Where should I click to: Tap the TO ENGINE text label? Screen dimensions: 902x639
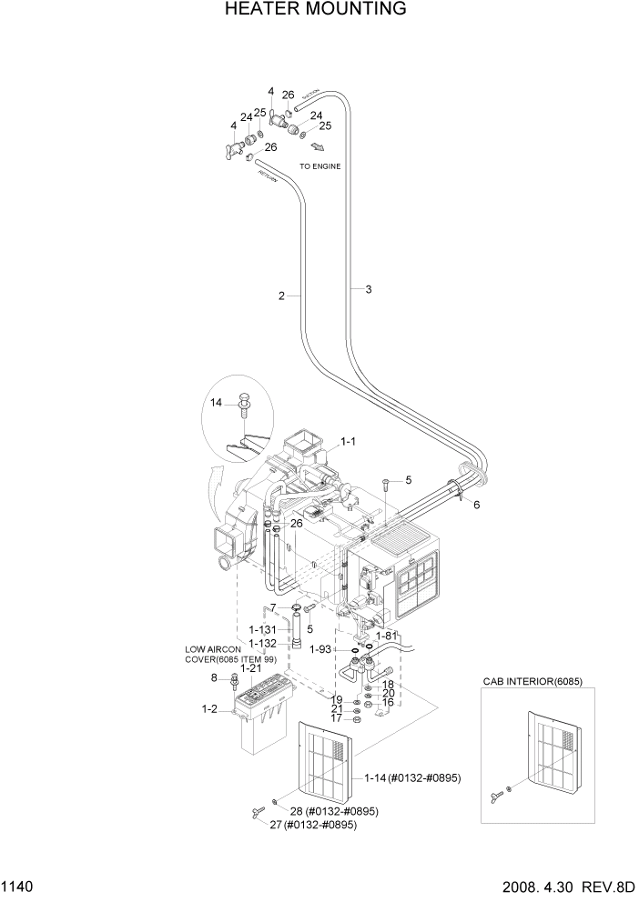click(320, 166)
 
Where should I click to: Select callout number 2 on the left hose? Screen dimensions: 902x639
click(282, 295)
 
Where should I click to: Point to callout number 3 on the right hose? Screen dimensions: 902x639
click(368, 289)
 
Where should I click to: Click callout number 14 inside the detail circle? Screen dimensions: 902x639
click(216, 402)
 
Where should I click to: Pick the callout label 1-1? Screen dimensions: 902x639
click(348, 442)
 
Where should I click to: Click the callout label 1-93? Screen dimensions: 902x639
click(319, 649)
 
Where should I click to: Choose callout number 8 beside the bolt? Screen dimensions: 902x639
click(214, 677)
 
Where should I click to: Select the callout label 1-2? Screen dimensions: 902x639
click(208, 708)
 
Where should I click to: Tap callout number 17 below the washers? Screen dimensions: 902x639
click(336, 718)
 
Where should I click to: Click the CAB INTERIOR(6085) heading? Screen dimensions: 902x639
click(532, 681)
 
